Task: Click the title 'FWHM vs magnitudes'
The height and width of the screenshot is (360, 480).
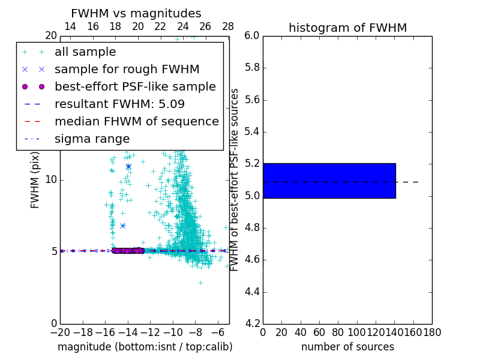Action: click(136, 13)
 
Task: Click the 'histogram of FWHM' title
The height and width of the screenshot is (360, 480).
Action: click(347, 28)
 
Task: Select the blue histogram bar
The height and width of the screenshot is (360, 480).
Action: click(329, 181)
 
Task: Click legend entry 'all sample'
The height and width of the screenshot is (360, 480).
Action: click(85, 52)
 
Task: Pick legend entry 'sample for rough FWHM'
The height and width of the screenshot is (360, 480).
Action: click(127, 69)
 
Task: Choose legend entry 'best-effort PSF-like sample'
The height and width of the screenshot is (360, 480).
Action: click(135, 86)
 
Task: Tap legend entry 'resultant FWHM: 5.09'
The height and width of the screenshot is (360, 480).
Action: click(119, 104)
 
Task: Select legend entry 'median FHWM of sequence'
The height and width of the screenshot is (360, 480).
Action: click(136, 121)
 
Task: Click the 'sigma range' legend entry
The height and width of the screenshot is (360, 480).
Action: click(92, 139)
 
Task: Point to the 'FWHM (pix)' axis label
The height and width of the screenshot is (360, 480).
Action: click(35, 179)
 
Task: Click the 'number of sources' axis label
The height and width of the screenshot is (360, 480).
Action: click(347, 347)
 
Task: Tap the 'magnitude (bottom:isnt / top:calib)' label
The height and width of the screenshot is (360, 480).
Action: click(145, 347)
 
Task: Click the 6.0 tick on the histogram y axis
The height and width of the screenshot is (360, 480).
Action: click(252, 35)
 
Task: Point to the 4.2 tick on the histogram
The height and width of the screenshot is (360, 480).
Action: click(252, 324)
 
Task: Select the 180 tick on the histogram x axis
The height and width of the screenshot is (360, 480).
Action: click(432, 332)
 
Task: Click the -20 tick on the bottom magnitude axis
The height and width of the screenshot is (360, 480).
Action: click(60, 332)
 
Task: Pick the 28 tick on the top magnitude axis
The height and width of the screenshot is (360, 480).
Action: click(228, 26)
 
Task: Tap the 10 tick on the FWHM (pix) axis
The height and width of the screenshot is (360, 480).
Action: click(51, 179)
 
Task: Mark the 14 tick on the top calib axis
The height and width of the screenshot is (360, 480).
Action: click(70, 26)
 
